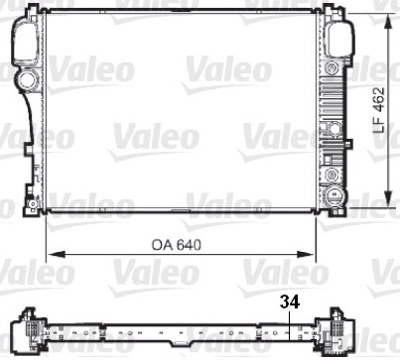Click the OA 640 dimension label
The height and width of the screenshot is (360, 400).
pyautogui.click(x=176, y=245)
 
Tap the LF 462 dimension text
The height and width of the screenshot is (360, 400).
pyautogui.click(x=379, y=110)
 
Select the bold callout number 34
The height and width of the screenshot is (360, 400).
pyautogui.click(x=290, y=301)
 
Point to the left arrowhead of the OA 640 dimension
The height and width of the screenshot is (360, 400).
pyautogui.click(x=56, y=254)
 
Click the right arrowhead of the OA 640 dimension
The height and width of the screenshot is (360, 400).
pyautogui.click(x=305, y=254)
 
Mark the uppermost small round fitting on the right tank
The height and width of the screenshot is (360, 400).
pyautogui.click(x=332, y=68)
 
